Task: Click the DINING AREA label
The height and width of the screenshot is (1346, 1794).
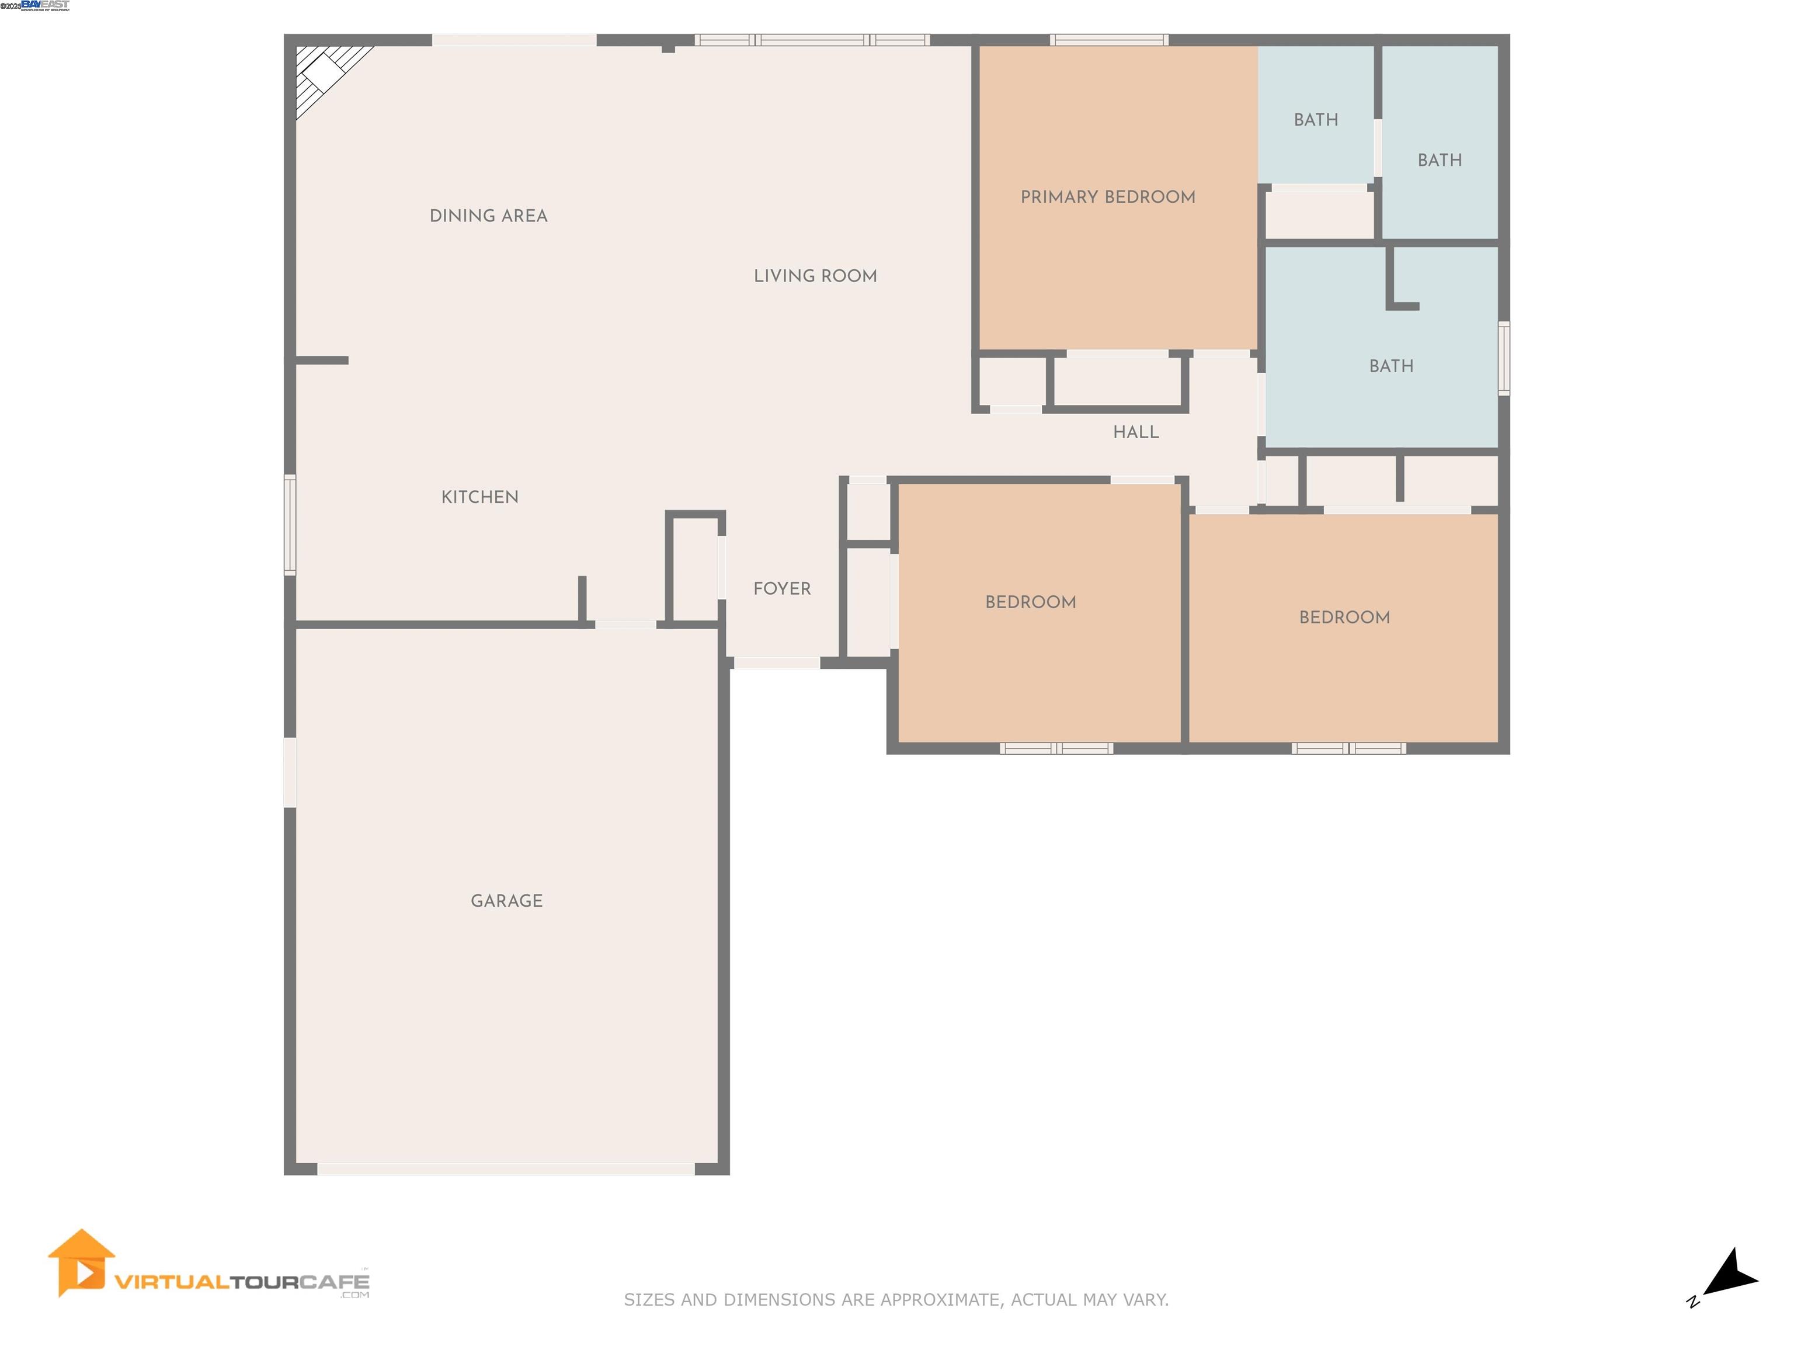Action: (488, 216)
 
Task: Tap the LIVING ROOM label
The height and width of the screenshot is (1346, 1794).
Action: (815, 276)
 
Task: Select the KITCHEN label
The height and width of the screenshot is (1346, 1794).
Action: (479, 497)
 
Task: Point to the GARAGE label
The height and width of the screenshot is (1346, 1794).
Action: (506, 901)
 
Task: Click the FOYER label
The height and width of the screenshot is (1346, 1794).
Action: (782, 589)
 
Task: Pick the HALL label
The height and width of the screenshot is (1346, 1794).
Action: (1135, 432)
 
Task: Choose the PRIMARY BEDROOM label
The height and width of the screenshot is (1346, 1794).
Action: (1107, 197)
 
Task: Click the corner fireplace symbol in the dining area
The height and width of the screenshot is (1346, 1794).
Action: (325, 73)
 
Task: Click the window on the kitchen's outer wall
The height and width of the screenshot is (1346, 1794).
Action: (290, 525)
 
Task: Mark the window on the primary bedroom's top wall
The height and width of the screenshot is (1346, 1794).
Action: (1108, 40)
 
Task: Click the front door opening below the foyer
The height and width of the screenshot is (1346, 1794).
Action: (776, 664)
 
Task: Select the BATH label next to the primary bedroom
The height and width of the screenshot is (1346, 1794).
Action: (1316, 120)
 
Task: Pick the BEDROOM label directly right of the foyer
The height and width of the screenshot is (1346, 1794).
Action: (1030, 602)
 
